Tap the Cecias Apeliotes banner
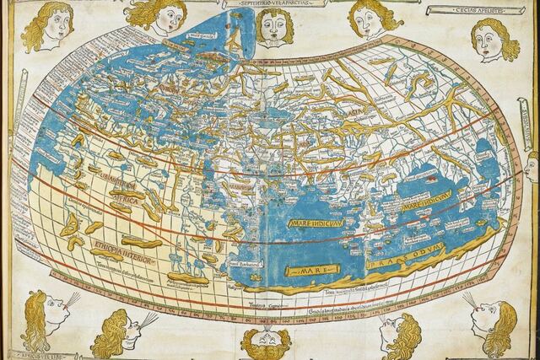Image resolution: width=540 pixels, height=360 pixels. (x=466, y=10)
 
